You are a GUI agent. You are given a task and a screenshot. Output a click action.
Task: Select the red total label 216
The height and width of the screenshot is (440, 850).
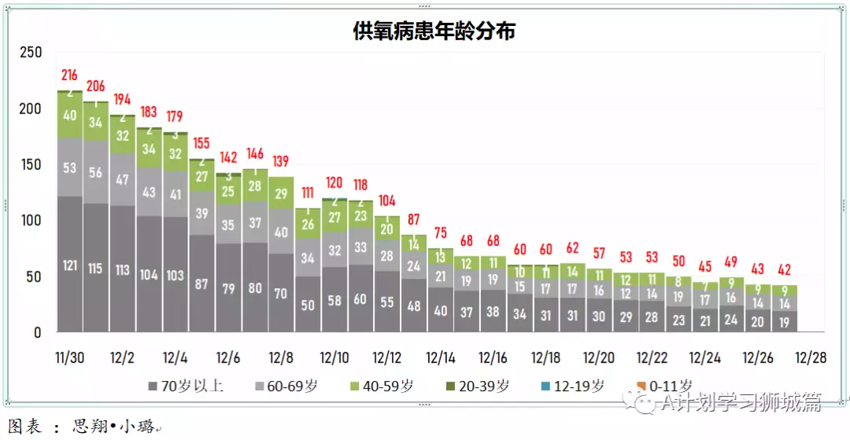tap(69, 76)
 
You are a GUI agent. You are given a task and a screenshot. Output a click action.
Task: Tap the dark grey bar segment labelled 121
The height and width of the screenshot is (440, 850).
tap(69, 264)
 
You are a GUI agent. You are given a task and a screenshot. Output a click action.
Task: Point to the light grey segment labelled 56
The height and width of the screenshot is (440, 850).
tap(96, 173)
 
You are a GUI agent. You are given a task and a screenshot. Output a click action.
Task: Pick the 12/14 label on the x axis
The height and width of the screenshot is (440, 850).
tap(440, 358)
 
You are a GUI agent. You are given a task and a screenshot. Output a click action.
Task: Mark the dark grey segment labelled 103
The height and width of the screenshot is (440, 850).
tap(175, 275)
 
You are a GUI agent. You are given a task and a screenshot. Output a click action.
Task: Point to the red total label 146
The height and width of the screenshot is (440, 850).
tap(254, 153)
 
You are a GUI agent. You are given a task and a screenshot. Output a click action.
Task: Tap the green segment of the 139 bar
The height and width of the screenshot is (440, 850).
tap(281, 193)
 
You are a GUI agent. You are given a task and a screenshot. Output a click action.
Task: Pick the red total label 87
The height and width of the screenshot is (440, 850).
tap(413, 220)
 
